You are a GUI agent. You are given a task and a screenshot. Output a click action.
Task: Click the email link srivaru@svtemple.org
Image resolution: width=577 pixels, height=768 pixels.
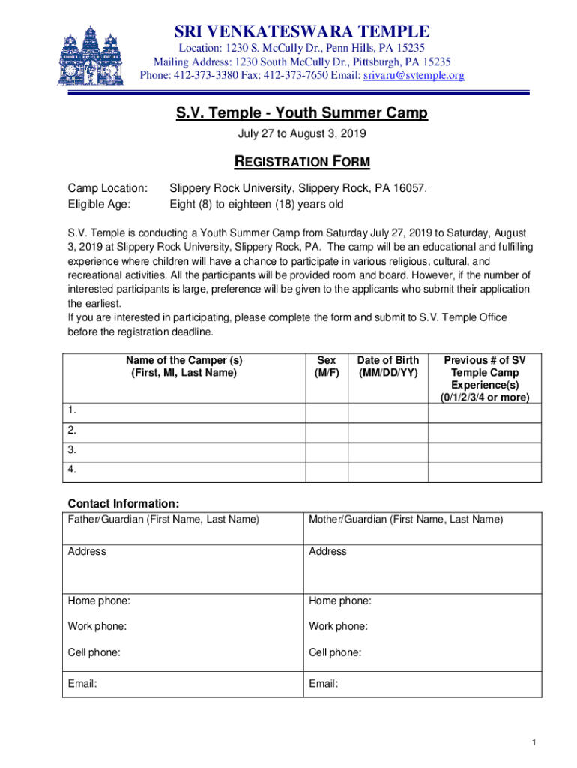(x=414, y=76)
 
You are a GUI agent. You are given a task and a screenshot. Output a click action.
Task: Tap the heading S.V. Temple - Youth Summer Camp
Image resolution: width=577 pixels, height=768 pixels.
(x=302, y=113)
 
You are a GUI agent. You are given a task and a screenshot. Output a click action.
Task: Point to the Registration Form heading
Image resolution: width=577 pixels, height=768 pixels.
(x=302, y=162)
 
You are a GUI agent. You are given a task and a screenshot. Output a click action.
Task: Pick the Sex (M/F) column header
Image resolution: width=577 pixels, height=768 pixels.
(x=327, y=366)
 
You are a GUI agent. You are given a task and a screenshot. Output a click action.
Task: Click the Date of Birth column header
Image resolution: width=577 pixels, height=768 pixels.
(x=388, y=366)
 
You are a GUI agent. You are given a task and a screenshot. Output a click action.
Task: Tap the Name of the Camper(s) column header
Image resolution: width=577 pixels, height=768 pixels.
(x=184, y=366)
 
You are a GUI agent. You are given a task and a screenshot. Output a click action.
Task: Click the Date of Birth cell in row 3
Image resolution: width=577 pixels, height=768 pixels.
(x=388, y=451)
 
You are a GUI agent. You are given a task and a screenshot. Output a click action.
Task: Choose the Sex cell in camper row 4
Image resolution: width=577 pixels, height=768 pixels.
(x=327, y=472)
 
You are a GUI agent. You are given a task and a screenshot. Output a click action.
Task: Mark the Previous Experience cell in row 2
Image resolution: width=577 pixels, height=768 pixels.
(x=484, y=431)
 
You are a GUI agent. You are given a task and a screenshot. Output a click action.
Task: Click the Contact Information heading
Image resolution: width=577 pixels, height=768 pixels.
(x=124, y=503)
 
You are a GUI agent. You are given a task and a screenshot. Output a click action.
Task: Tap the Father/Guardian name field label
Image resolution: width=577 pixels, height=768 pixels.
(x=163, y=519)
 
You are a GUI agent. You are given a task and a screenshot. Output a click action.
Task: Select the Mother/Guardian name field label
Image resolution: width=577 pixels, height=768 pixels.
(x=405, y=519)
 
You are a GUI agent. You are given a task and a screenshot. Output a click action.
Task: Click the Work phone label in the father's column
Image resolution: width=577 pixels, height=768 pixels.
(x=97, y=626)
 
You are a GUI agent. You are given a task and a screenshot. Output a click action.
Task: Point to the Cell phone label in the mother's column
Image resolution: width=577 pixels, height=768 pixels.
(x=335, y=652)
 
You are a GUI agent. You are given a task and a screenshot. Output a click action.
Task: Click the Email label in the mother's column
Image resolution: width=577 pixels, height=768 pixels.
(x=323, y=683)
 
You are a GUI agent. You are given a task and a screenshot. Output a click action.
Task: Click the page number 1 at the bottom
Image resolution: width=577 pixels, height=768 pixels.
(x=534, y=742)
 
